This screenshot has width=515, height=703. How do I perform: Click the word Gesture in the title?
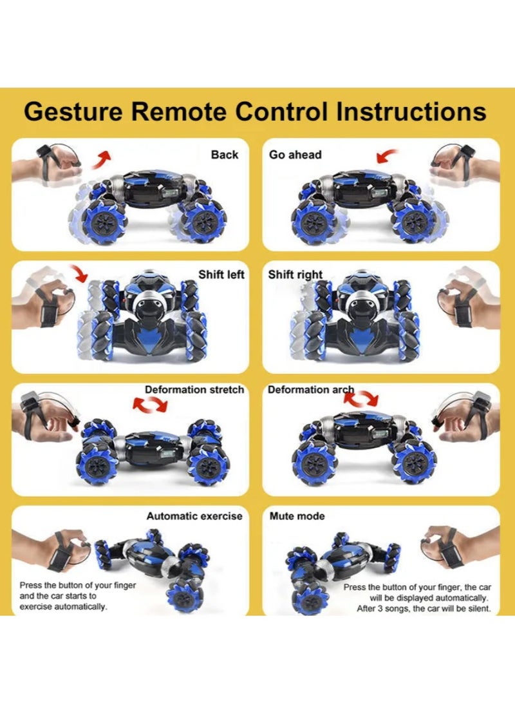(71, 111)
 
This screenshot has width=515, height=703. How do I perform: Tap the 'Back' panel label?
(225, 155)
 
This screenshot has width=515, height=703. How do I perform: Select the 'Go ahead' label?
(295, 155)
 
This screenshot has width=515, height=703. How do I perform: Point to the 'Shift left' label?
(221, 274)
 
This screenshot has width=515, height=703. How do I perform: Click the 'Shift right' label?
(295, 274)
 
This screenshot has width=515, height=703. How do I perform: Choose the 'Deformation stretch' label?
(194, 390)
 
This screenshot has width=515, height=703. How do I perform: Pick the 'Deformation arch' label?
(311, 390)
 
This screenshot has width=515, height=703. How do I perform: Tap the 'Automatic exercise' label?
(194, 516)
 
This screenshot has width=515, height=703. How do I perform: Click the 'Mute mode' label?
(297, 516)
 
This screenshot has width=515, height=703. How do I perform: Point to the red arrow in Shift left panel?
(80, 273)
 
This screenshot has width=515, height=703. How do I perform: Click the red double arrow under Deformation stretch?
(149, 405)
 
